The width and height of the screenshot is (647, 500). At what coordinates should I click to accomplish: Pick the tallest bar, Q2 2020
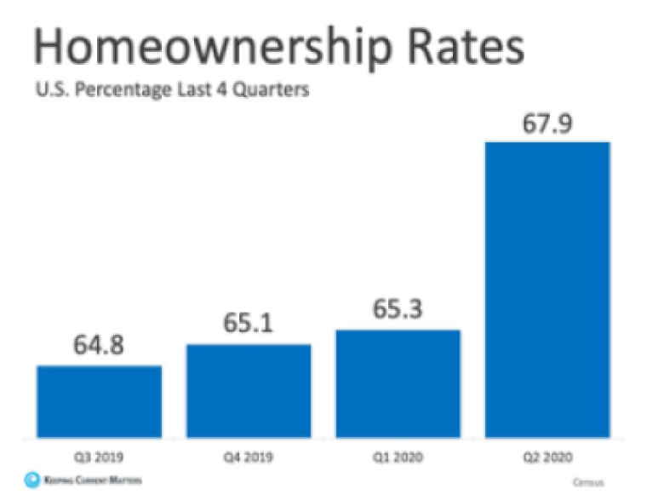[x=548, y=289]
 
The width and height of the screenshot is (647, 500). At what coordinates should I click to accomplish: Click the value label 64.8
[x=99, y=347]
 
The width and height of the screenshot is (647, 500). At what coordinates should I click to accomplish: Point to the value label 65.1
[x=249, y=326]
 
